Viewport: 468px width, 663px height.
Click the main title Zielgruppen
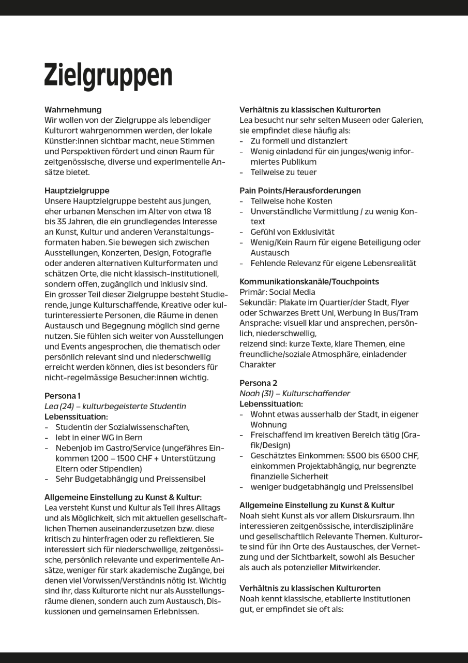click(x=108, y=75)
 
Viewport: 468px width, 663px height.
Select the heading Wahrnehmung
click(x=73, y=110)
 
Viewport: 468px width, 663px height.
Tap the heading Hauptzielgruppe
click(x=77, y=191)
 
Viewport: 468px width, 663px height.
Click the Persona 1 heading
click(x=62, y=396)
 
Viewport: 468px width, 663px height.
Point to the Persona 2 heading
click(x=258, y=383)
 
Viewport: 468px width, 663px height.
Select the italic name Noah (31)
click(x=256, y=394)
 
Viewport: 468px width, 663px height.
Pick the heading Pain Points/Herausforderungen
click(x=300, y=191)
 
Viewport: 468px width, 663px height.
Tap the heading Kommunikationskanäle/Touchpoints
click(x=309, y=282)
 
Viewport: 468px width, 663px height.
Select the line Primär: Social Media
click(x=277, y=292)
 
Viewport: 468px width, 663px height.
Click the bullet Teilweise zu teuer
click(x=283, y=172)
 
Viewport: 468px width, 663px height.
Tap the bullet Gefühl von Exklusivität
click(x=292, y=232)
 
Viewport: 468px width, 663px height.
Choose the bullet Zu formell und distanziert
click(x=299, y=141)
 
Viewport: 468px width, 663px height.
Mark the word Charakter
click(x=257, y=365)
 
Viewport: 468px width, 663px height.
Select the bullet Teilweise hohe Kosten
click(x=291, y=201)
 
